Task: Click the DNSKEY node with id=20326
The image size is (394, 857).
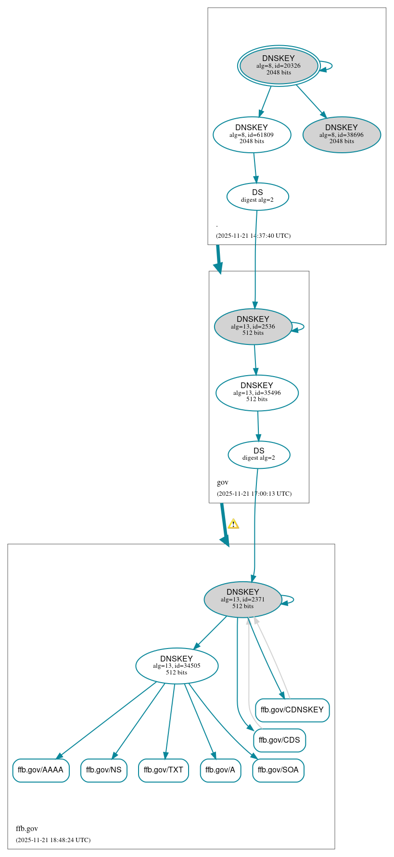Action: (x=279, y=66)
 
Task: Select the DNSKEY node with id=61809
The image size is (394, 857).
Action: (x=252, y=135)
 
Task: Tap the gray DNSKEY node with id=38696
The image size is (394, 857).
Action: (x=342, y=135)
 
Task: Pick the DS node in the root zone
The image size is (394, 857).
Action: (x=257, y=196)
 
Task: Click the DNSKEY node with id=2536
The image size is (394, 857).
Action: (x=253, y=326)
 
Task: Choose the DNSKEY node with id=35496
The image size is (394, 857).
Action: (x=257, y=392)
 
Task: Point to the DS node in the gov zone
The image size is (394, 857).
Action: (x=259, y=454)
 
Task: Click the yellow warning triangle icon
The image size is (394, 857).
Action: (x=233, y=524)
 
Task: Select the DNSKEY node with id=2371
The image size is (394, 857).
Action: (x=243, y=599)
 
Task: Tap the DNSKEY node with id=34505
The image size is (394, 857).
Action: (x=177, y=665)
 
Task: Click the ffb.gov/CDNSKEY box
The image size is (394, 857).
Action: (x=292, y=710)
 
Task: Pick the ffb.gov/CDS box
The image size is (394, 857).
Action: (x=279, y=740)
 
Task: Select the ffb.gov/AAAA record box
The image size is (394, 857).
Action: (x=41, y=770)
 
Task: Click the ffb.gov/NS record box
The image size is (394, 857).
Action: (x=103, y=770)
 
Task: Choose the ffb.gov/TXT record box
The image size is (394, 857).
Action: (x=163, y=770)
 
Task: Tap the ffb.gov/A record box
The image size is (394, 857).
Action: (x=220, y=770)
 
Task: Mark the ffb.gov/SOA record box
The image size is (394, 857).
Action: (x=278, y=770)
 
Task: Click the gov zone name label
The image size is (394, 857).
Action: (x=223, y=482)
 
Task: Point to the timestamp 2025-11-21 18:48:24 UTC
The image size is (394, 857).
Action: (x=53, y=840)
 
